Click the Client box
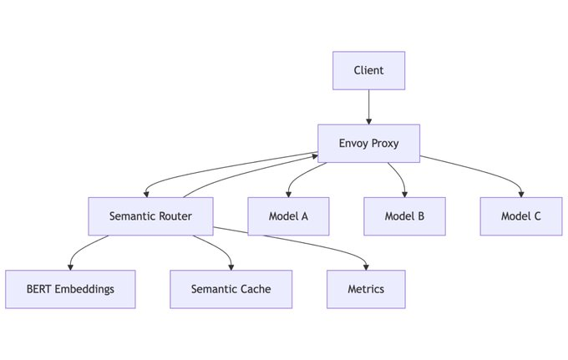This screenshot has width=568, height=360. point(368,71)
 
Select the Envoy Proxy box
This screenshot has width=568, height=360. point(368,144)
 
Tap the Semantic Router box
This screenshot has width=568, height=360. point(150,216)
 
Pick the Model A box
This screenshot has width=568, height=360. point(288,216)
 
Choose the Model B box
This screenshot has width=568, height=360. point(404,216)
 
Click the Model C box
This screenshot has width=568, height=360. point(521,216)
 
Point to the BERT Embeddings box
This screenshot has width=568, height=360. point(70,289)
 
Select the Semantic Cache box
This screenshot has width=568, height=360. point(231,289)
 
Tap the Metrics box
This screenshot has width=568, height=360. point(366,289)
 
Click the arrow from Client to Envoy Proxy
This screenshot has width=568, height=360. point(368,107)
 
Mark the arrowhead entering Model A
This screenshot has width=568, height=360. point(288,195)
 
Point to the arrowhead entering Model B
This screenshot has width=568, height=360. point(404,195)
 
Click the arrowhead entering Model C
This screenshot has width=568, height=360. point(521,195)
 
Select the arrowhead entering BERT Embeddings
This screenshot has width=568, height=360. point(70,267)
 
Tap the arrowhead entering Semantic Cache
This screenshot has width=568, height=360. point(231,267)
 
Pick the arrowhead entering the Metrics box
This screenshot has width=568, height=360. point(366,267)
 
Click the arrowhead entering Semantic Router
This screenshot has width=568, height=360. point(146,195)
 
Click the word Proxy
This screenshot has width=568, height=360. point(385,144)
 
